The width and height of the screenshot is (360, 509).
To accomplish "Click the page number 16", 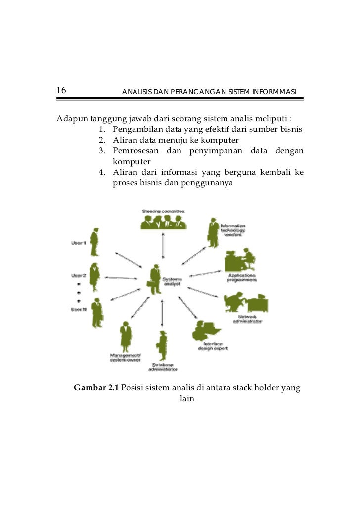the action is point(61,90).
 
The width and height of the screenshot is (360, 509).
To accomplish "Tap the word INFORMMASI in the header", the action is point(274,92).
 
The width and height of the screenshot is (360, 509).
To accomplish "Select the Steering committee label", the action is point(163,211).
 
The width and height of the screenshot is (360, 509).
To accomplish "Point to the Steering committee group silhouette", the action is point(163,223).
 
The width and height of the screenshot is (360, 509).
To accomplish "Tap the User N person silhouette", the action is point(97,313).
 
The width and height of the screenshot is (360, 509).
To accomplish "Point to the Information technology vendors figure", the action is point(213,232).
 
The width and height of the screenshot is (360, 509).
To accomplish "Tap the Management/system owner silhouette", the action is point(125,336).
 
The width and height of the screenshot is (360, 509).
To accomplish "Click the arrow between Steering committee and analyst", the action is point(163,245).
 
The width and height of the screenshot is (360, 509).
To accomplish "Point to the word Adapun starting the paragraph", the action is point(72,119).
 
